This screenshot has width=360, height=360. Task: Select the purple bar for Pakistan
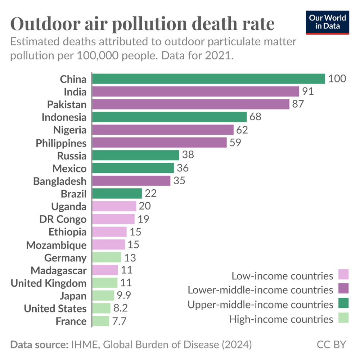pos(191,104)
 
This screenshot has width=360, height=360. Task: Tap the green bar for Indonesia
pos(170,117)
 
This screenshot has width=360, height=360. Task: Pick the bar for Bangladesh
pos(131,181)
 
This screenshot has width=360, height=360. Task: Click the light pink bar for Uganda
pos(114,206)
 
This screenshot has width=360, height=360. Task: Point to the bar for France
pos(101,321)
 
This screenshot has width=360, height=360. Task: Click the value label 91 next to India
pos(308,91)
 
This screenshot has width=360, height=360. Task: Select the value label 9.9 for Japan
pos(123,296)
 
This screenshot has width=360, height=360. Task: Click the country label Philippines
pos(61,143)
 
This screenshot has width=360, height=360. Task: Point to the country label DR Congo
pos(63,219)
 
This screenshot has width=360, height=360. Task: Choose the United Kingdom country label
pos(49,283)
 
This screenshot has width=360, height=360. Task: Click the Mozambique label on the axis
pos(57,245)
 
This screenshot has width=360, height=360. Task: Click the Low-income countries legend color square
pos(343,275)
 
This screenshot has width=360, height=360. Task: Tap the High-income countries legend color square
pos(343,318)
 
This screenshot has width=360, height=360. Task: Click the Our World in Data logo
pos(327,22)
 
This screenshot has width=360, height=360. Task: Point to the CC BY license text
pos(331,345)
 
